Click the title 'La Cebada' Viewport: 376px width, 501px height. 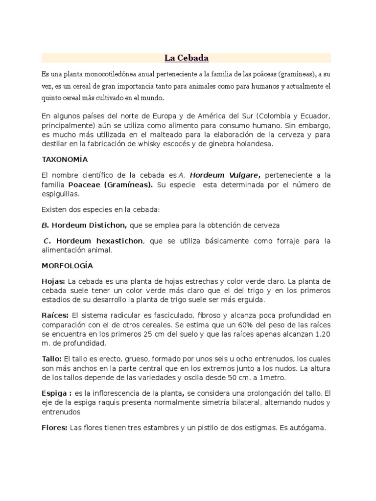click(x=187, y=58)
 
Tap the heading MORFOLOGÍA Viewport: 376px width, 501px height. click(x=67, y=266)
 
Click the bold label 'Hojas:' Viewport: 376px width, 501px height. click(x=53, y=281)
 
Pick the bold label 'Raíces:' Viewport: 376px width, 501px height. click(x=55, y=315)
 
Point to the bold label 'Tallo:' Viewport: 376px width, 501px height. click(x=51, y=359)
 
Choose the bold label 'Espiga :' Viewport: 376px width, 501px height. click(x=57, y=393)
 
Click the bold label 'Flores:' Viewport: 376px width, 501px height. click(x=55, y=427)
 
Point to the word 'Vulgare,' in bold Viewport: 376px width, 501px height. click(x=239, y=175)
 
